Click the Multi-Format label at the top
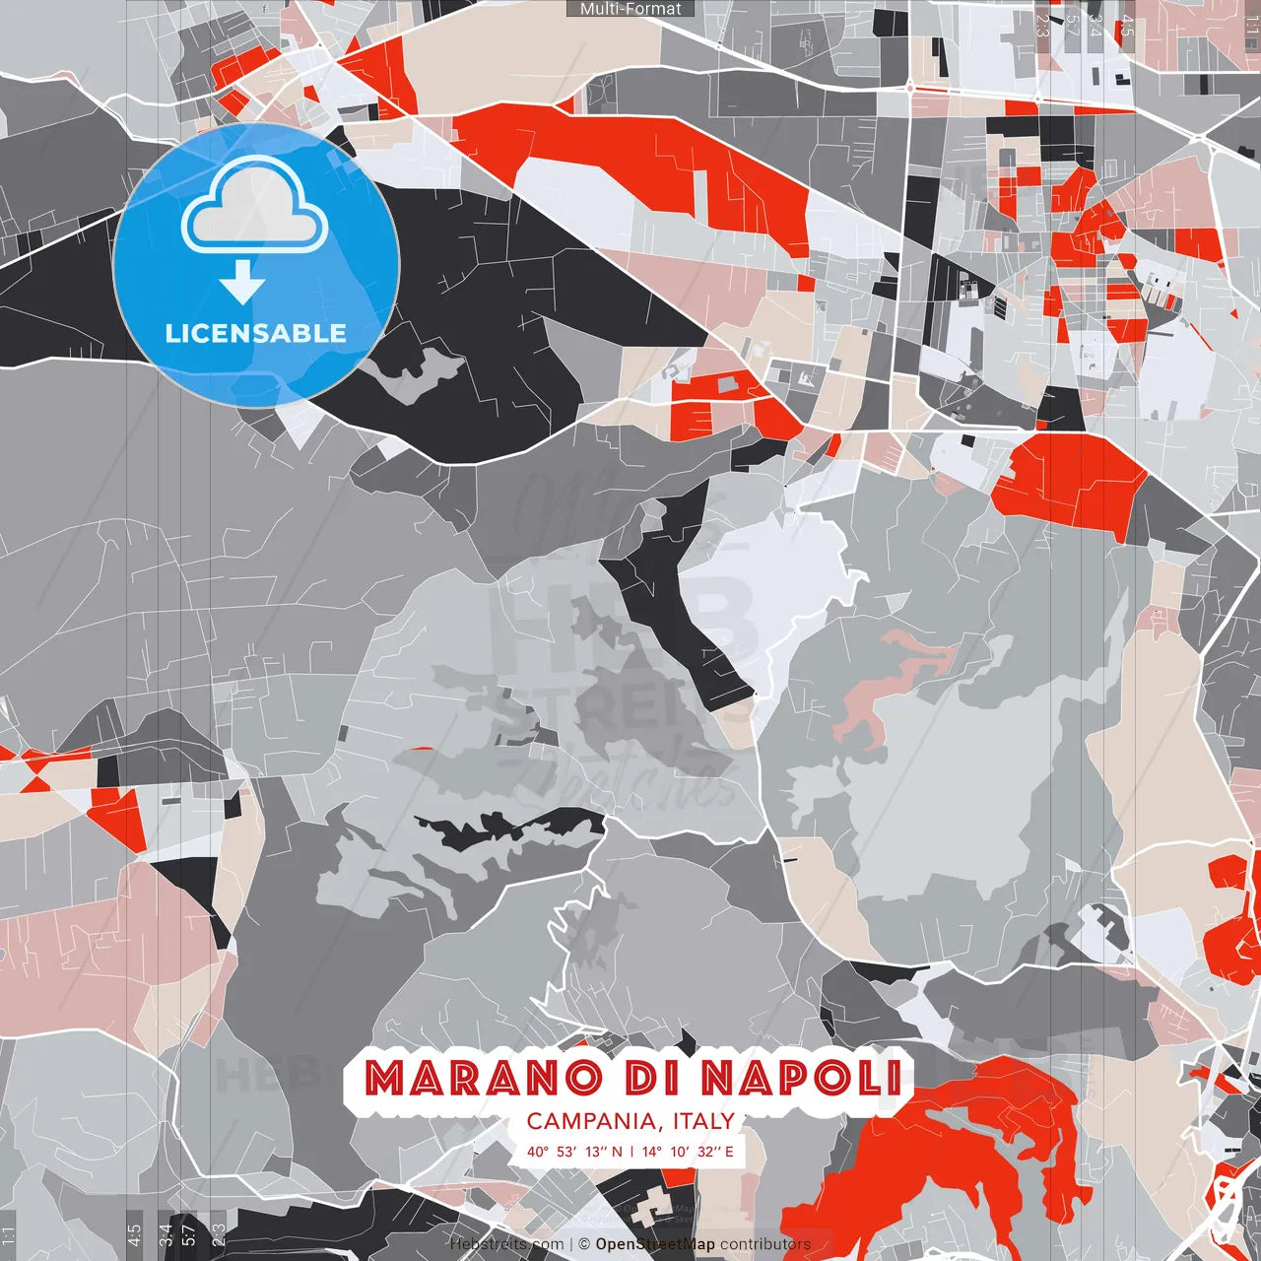click(630, 9)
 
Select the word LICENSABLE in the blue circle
click(256, 333)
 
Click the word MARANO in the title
click(482, 1078)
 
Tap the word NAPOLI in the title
click(802, 1078)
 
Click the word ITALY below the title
click(703, 1121)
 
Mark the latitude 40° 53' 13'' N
click(574, 1151)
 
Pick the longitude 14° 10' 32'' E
click(688, 1151)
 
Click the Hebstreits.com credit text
click(507, 1244)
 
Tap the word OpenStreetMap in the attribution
click(655, 1244)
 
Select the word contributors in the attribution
click(765, 1244)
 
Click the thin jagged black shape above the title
click(512, 826)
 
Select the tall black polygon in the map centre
click(680, 601)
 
